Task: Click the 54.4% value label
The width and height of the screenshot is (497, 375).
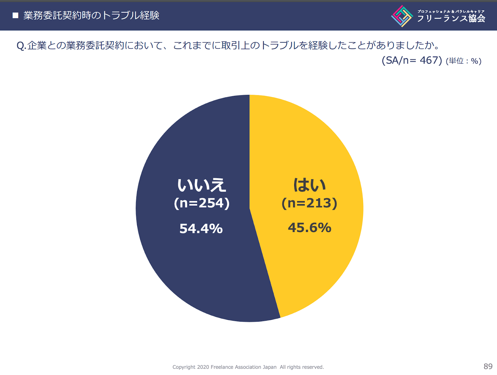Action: (x=201, y=229)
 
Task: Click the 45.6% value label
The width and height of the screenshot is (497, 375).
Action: (x=309, y=228)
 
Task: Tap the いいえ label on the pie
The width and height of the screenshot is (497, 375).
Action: (x=202, y=185)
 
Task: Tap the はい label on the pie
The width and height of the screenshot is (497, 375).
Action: (x=310, y=185)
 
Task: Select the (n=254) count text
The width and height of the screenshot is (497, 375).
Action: (x=202, y=203)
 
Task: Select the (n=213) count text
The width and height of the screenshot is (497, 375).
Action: (x=309, y=203)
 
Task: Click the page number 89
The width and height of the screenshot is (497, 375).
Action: (x=488, y=366)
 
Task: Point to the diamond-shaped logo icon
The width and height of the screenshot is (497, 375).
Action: (x=402, y=16)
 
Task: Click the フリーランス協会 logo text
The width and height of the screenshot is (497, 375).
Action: (x=451, y=19)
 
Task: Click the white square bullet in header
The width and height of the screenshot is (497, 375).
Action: (x=16, y=15)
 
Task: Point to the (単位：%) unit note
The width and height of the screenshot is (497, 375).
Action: (x=463, y=61)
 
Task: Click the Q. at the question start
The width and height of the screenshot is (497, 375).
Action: (x=21, y=46)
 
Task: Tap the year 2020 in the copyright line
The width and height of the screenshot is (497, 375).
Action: (x=203, y=367)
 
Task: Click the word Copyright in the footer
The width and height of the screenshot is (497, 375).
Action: (x=184, y=367)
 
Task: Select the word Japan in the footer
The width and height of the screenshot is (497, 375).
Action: (x=269, y=367)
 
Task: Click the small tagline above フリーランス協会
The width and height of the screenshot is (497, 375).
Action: (x=451, y=11)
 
